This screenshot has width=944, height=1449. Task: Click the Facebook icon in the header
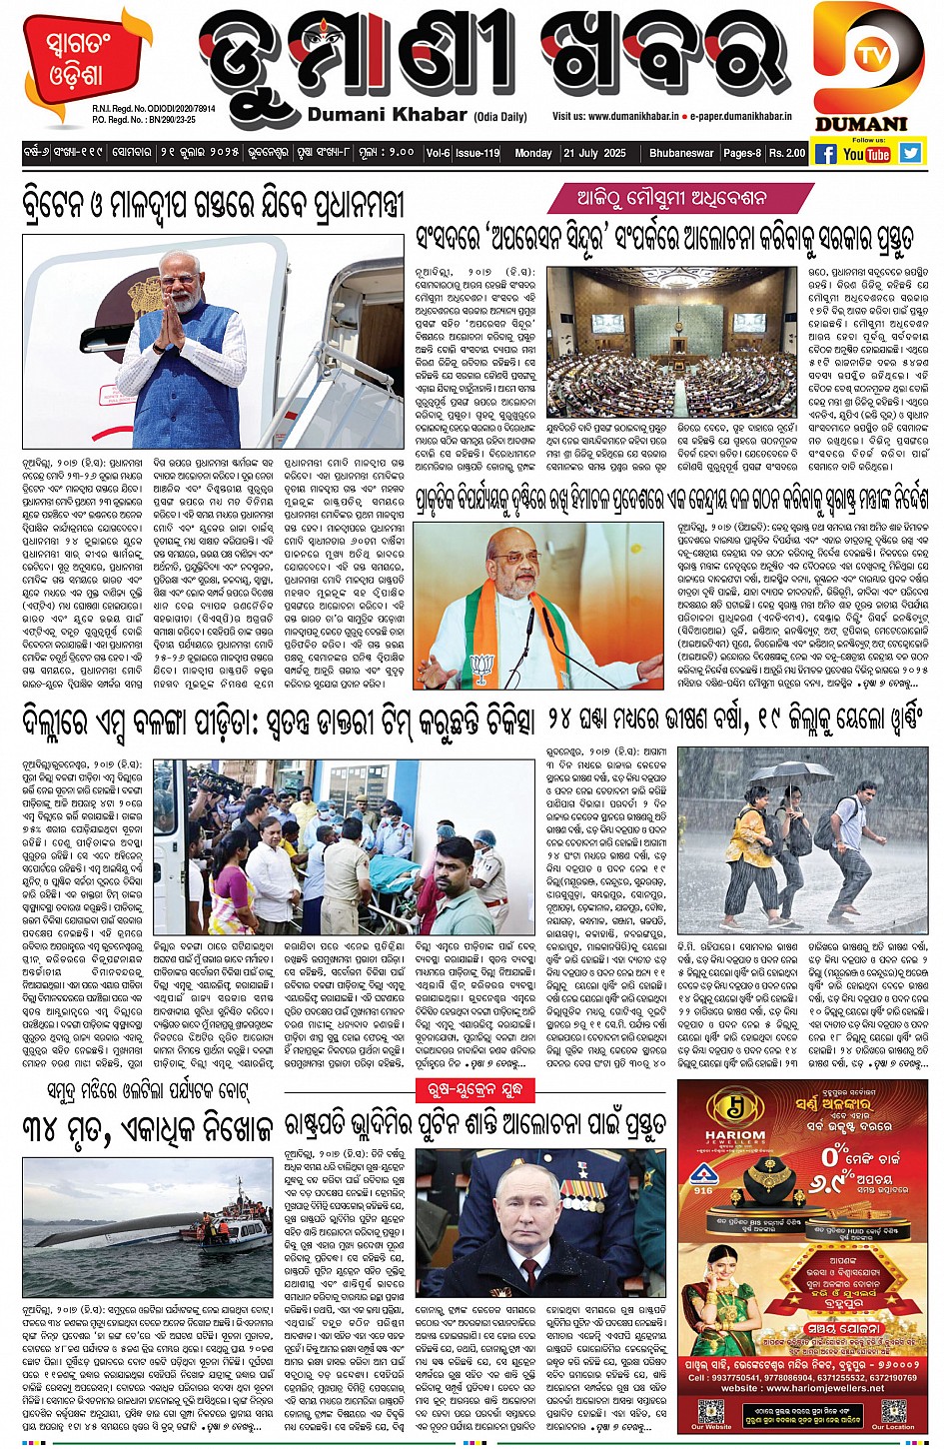[825, 154]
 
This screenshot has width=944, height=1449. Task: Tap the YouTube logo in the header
[866, 154]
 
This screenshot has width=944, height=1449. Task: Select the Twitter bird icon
[909, 153]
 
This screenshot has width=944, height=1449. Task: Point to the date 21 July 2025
[594, 153]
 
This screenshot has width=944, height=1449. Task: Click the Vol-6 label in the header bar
[438, 153]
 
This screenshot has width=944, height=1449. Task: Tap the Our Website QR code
[711, 1411]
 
